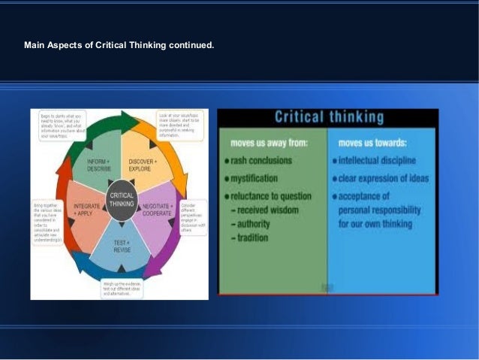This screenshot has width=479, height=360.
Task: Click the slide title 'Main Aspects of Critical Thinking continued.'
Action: tap(119, 45)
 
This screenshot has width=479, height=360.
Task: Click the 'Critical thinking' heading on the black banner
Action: tap(329, 117)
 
